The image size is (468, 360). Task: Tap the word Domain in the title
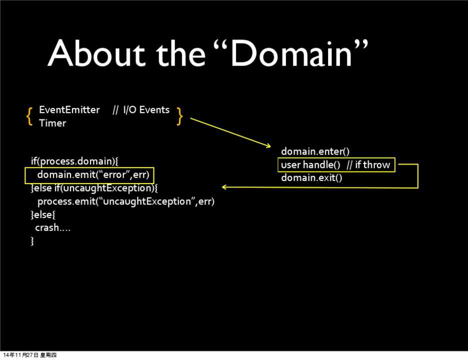click(291, 53)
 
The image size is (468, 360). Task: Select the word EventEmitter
click(69, 110)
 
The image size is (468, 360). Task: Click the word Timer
click(52, 123)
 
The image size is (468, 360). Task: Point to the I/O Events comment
click(141, 110)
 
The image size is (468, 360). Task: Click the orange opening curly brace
click(29, 116)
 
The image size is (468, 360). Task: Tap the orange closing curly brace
click(179, 116)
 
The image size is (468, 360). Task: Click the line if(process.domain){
click(74, 161)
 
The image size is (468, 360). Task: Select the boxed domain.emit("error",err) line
click(93, 174)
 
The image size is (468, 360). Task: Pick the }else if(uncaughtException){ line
click(94, 188)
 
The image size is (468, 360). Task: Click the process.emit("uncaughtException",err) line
click(126, 201)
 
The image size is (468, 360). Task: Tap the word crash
click(47, 228)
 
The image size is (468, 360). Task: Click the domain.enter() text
click(315, 151)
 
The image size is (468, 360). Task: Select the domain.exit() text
click(311, 178)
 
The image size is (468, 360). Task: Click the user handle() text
click(310, 165)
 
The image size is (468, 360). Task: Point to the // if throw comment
click(368, 165)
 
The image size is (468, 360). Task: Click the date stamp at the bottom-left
click(30, 355)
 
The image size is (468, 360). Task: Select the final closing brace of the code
click(32, 241)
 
